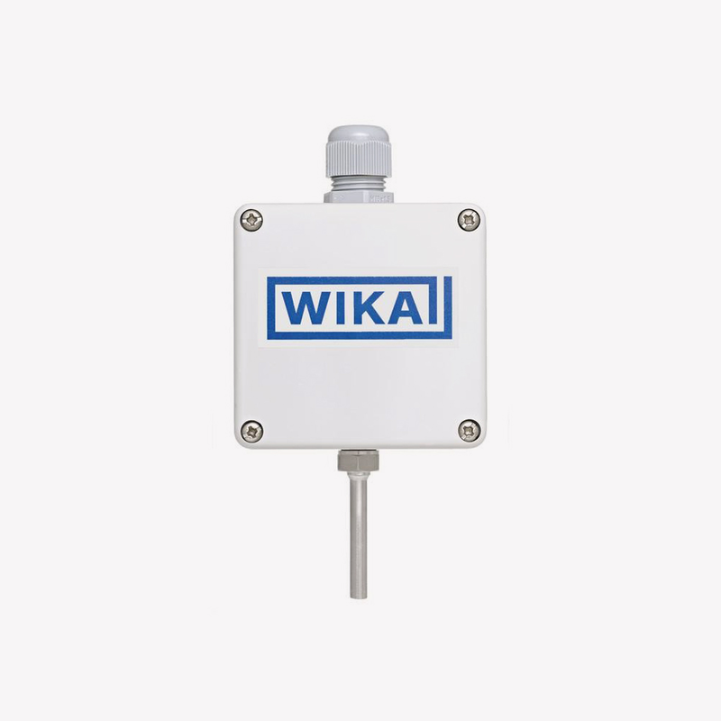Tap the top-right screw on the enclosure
point(469,219)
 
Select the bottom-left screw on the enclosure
point(252,431)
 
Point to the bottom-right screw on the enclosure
point(469,431)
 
